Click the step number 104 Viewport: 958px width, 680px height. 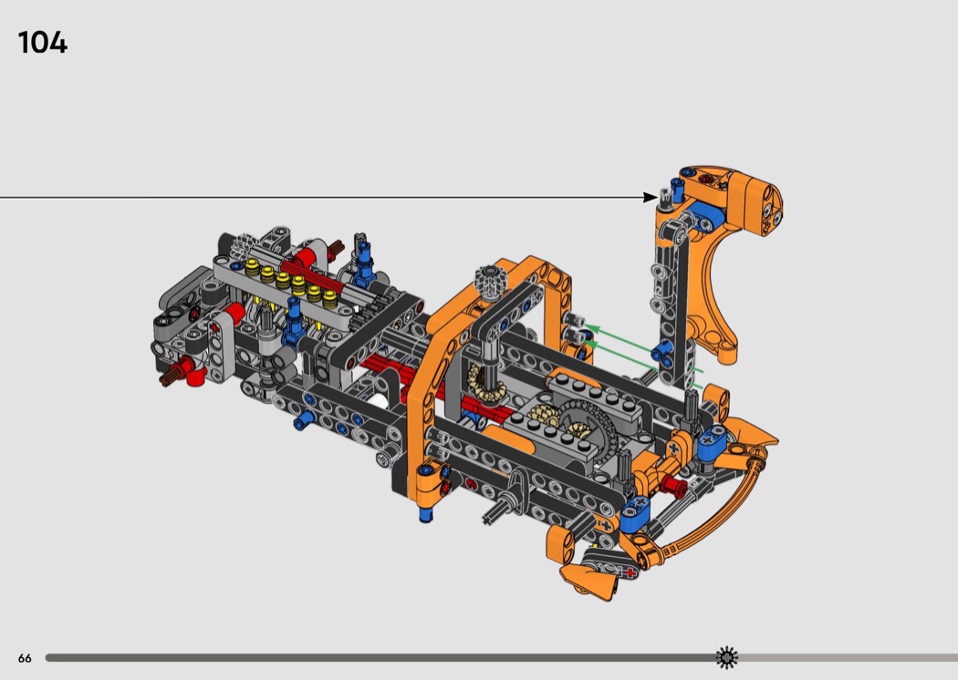point(43,43)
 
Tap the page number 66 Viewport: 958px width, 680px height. point(25,658)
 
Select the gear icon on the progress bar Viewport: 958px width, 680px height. point(727,657)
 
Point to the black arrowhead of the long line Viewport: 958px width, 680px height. point(650,197)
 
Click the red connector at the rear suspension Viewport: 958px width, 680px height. point(673,485)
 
